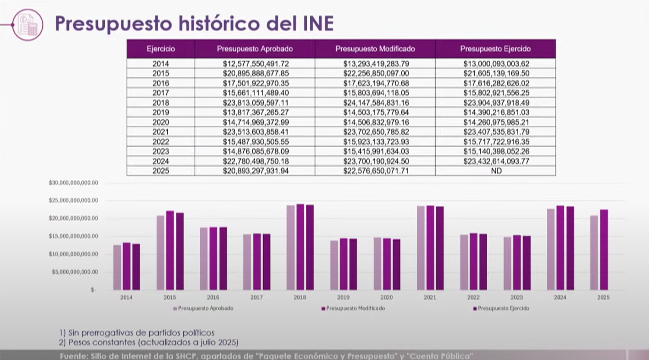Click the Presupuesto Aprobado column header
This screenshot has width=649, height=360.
pos(255,49)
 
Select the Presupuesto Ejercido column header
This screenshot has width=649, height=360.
pos(495,49)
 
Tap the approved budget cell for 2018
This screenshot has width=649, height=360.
pos(255,103)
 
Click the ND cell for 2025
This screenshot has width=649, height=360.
pos(495,171)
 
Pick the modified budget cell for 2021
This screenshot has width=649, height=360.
pos(375,132)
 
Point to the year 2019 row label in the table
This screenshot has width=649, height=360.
pos(160,112)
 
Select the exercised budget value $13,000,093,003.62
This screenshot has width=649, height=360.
pos(495,64)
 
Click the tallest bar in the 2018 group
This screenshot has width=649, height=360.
pos(300,247)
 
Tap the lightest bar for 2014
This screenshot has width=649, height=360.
pos(117,267)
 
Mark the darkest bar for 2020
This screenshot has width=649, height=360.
pos(396,264)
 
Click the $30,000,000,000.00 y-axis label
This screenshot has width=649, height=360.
pos(73,183)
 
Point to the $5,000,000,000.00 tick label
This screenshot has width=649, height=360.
pos(74,272)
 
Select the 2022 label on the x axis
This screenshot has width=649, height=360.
pos(473,297)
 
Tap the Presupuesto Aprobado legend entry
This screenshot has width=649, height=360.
pos(205,309)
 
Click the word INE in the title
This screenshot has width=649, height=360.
pos(313,24)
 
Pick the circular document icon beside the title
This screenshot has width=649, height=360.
pos(27,25)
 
